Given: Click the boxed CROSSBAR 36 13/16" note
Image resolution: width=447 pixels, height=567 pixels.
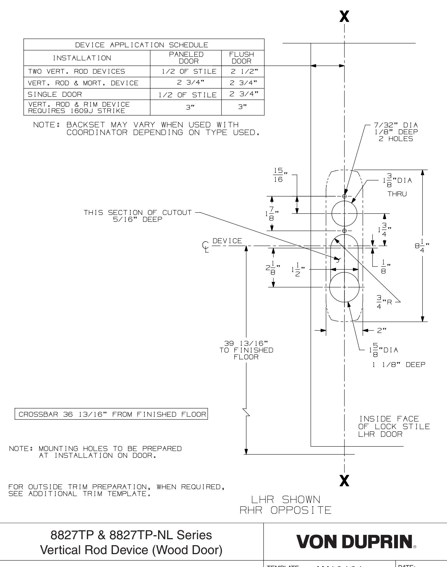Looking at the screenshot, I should coord(111,414).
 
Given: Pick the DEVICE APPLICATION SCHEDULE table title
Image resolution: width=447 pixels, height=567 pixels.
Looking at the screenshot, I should coord(144,45).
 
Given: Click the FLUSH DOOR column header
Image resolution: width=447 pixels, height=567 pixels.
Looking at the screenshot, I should coord(243,58).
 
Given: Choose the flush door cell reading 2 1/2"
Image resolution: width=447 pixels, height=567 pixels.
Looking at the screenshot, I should coord(243,71).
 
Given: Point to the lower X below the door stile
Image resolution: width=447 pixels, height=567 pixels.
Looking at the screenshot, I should coord(345,480).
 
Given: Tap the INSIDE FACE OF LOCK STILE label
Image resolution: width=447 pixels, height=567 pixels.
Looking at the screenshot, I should coord(394,426).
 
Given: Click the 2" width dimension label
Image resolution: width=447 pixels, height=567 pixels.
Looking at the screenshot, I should coord(382,331).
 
